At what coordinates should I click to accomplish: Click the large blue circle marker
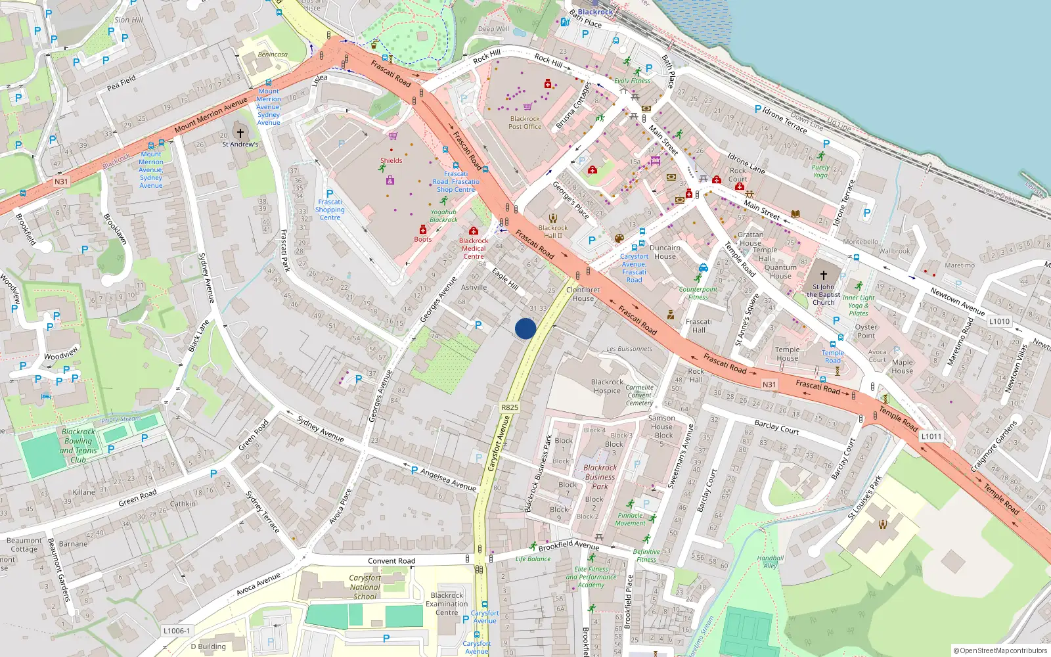coord(525,328)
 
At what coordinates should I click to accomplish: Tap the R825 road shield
coord(510,407)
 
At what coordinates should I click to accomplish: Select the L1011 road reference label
coord(931,436)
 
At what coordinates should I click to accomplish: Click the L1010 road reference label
coord(999,321)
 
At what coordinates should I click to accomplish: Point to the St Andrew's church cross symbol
coord(240,133)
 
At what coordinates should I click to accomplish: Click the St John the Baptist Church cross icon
coord(824,275)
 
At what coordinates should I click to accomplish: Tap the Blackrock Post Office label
coord(525,123)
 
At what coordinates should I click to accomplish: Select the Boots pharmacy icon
coord(423,230)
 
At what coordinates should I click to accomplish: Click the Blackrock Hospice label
coord(607,386)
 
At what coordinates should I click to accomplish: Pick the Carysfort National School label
coord(365,587)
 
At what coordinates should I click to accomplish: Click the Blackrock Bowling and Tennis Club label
coord(78,445)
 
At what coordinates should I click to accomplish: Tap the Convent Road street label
coord(391,561)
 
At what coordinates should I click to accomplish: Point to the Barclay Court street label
coord(776,427)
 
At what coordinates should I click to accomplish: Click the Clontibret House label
coord(583,294)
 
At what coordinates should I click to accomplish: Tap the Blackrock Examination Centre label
coord(447,604)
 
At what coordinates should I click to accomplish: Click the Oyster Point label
coord(866,331)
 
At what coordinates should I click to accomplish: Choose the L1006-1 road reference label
coord(177,631)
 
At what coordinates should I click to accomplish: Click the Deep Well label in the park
coord(493,29)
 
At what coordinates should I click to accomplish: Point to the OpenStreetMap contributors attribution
coord(1000,651)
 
